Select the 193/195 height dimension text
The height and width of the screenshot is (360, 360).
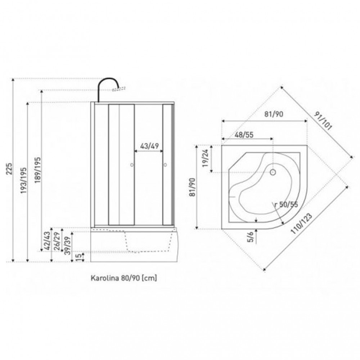coord(24,180)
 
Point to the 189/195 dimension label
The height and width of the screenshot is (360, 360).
coord(37,170)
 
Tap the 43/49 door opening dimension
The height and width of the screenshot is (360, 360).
coord(149,146)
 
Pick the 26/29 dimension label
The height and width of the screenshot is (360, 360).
coord(57,241)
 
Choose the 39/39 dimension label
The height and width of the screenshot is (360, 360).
coord(68,246)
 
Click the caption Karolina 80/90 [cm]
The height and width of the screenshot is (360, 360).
coord(124,278)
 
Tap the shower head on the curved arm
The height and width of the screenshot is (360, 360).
coord(119,89)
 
